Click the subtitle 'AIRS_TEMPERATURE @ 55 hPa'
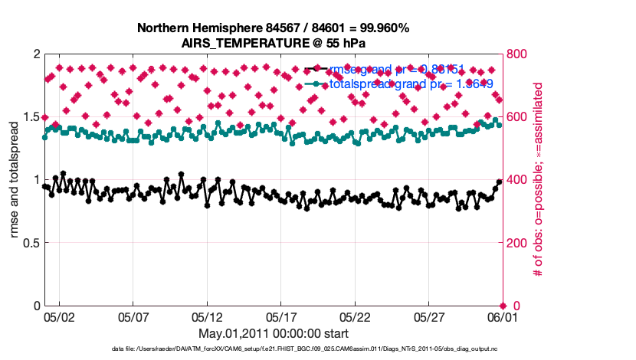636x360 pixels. (273, 42)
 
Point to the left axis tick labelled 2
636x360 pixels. (35, 54)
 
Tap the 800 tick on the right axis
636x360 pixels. (519, 54)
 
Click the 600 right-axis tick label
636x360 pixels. (519, 117)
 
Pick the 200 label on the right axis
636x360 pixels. (519, 243)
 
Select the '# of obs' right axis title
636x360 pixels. (538, 180)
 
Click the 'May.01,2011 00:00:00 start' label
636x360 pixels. (273, 334)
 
